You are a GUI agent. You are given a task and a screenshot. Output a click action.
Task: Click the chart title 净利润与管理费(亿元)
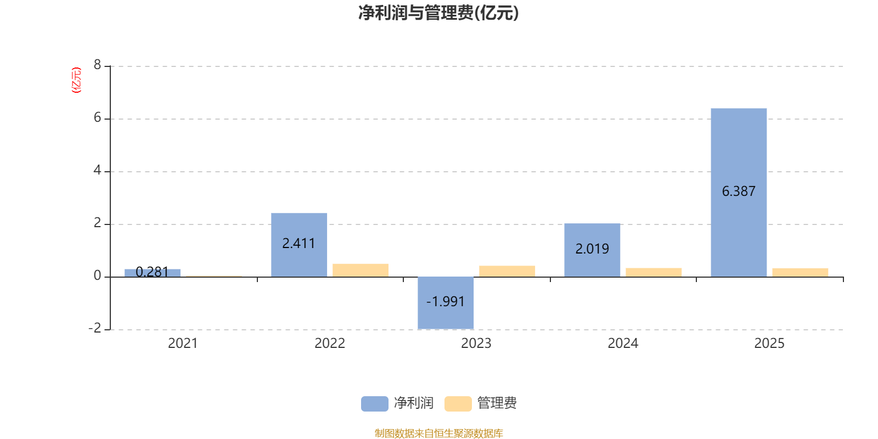[x=438, y=13]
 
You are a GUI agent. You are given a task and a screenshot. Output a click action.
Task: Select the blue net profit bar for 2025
[x=739, y=193]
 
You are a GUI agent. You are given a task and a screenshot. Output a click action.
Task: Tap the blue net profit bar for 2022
[x=299, y=245]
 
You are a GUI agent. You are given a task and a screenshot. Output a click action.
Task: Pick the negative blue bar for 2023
[x=446, y=302]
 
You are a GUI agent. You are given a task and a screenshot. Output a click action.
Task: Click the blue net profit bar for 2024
[x=592, y=250]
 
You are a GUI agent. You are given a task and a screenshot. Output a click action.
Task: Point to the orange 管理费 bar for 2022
[x=360, y=271]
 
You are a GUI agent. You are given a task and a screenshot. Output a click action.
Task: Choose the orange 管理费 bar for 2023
[x=507, y=271]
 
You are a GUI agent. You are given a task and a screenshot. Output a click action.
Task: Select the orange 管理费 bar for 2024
[x=654, y=272]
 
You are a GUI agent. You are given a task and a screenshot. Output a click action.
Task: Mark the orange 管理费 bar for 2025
[x=800, y=272]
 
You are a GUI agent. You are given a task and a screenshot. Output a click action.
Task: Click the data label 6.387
[x=739, y=192]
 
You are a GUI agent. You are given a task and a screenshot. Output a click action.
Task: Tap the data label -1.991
[x=445, y=301]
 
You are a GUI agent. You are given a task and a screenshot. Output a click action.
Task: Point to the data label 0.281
[x=152, y=272]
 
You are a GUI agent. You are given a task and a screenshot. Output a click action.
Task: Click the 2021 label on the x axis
[x=183, y=344]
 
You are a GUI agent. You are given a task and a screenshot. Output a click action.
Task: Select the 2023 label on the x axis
[x=476, y=344]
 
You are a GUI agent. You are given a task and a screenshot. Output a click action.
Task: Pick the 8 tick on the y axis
[x=97, y=65]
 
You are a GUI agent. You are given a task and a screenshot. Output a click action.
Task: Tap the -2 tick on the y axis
[x=95, y=328]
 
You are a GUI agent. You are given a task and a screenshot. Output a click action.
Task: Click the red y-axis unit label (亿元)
[x=76, y=80]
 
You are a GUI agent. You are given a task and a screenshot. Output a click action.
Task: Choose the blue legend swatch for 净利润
[x=375, y=404]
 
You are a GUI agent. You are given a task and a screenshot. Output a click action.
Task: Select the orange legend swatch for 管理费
[x=458, y=404]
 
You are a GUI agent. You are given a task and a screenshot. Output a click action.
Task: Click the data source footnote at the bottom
[x=438, y=433]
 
